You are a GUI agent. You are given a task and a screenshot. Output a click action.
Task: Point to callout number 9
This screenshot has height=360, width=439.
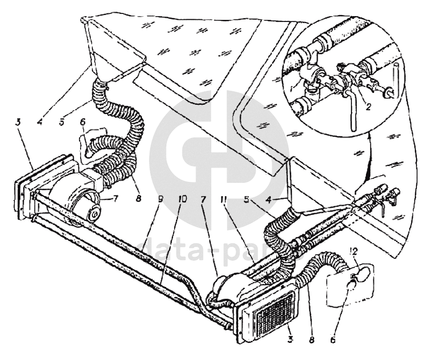point(161,198)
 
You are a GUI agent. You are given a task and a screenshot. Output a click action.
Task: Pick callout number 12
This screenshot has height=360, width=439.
point(353,250)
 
